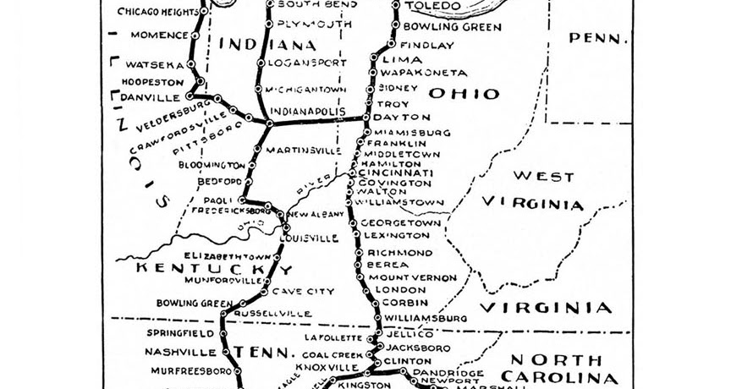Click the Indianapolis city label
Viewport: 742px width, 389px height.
[x=308, y=111]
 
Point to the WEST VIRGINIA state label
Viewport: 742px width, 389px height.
[x=532, y=190]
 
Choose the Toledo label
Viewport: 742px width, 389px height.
[x=433, y=6]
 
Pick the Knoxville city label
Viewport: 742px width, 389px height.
[x=333, y=368]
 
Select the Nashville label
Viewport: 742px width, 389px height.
[x=181, y=352]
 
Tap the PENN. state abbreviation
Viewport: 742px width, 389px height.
[x=599, y=37]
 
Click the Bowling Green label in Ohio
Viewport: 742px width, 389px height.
[x=452, y=27]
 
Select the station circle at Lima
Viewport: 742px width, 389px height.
[x=375, y=59]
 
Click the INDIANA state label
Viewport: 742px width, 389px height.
[x=267, y=44]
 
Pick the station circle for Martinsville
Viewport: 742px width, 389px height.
[x=257, y=150]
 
